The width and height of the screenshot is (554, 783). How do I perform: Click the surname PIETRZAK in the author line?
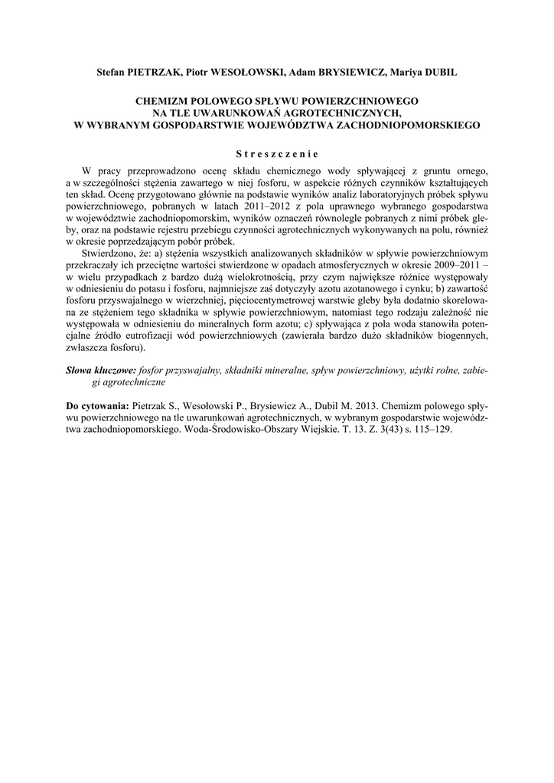[x=150, y=72]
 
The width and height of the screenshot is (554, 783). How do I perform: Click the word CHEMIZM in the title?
[x=163, y=100]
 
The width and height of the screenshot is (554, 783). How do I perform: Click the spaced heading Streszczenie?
[x=276, y=152]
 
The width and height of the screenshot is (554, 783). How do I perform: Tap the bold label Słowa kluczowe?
[x=101, y=369]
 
